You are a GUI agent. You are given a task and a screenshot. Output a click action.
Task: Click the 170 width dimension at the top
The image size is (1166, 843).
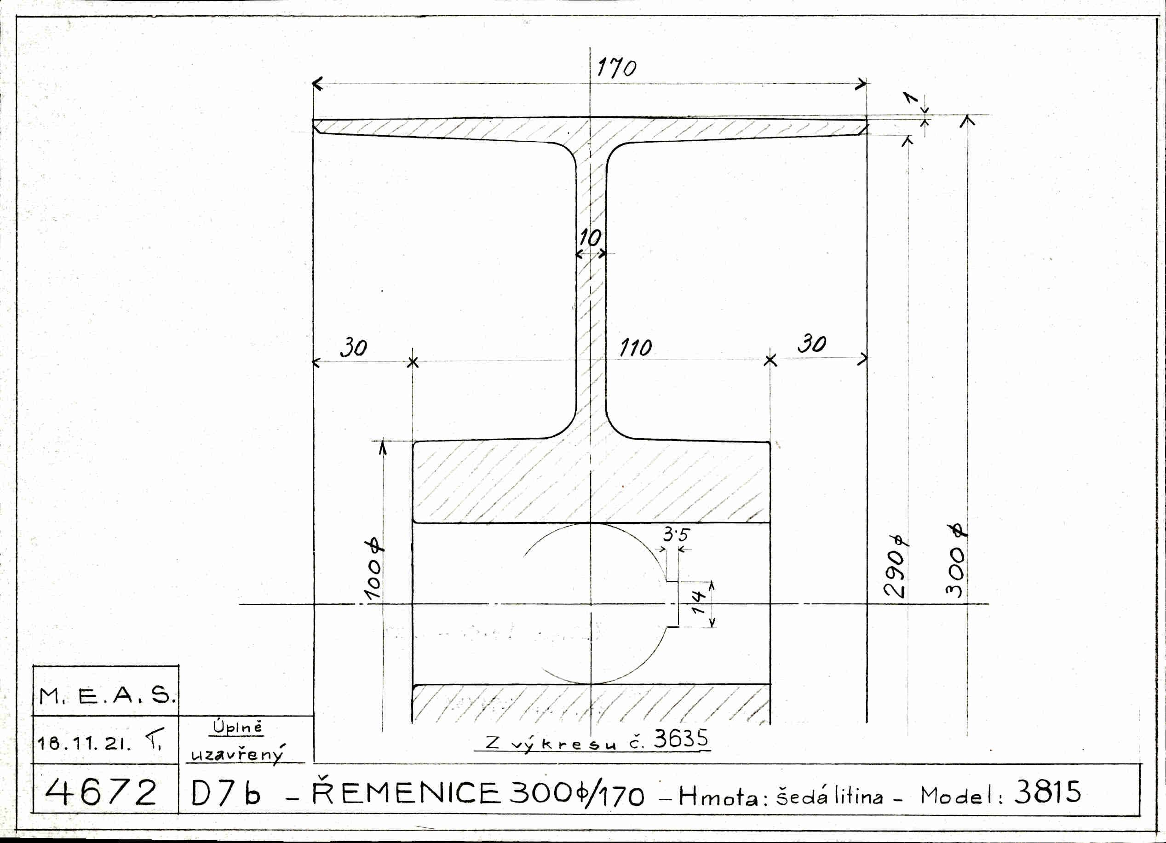point(616,68)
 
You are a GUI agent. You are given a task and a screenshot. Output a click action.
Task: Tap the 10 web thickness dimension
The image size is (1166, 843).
point(590,238)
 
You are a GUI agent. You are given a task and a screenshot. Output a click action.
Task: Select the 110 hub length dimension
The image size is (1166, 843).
point(636,348)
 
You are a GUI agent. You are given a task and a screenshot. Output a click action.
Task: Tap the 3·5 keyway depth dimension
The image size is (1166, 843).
point(676,535)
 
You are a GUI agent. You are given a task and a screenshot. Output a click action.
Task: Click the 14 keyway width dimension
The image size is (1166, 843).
point(698,603)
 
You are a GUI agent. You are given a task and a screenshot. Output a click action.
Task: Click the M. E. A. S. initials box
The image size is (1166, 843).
point(107,696)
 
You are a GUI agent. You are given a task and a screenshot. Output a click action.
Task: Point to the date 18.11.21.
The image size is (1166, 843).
point(84,743)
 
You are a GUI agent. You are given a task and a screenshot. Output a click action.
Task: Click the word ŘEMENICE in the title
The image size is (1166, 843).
point(406,793)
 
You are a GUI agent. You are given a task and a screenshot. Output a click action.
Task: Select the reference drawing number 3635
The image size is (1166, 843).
point(681,739)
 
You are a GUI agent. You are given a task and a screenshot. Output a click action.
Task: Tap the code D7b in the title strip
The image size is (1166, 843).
point(226,794)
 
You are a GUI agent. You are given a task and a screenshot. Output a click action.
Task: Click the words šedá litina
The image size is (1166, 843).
point(829,796)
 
